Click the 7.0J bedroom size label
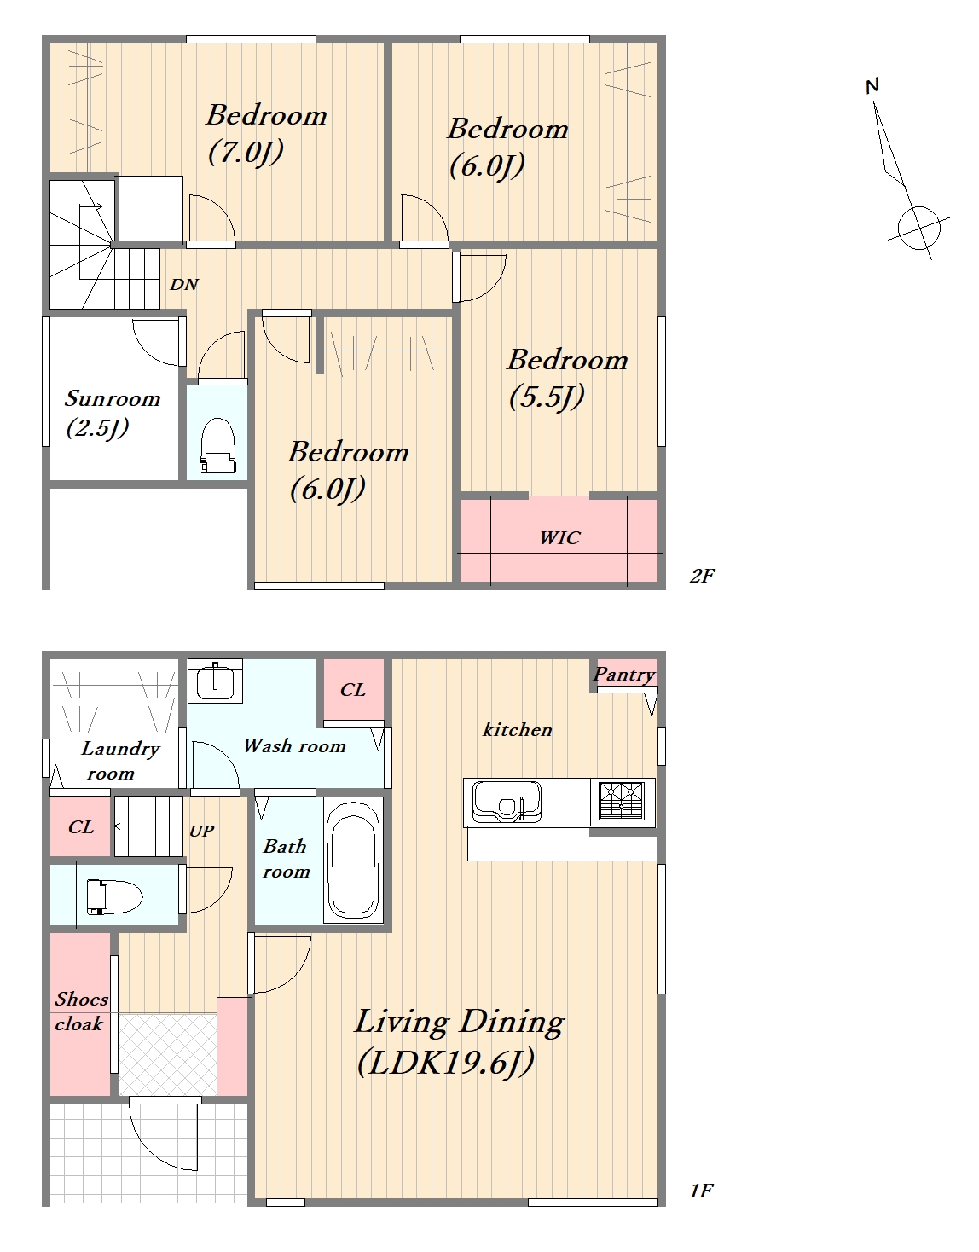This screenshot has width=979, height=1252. click(246, 152)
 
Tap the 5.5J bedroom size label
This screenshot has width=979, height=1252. click(547, 396)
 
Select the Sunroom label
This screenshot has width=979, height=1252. click(113, 398)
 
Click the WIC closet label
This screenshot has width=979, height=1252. click(559, 537)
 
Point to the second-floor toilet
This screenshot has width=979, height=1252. click(217, 446)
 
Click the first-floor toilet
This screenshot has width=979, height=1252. click(114, 897)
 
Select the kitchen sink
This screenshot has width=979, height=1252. click(507, 800)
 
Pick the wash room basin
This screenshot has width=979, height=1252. click(216, 681)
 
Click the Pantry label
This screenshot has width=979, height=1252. click(624, 674)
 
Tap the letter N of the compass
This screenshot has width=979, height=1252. click(872, 86)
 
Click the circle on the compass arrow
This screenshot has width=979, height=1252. click(919, 228)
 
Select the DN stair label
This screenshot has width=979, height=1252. click(184, 284)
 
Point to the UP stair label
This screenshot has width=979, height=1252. click(201, 831)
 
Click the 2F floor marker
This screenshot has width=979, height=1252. click(702, 575)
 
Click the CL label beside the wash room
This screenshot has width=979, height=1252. click(352, 690)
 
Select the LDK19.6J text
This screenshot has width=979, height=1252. click(446, 1061)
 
